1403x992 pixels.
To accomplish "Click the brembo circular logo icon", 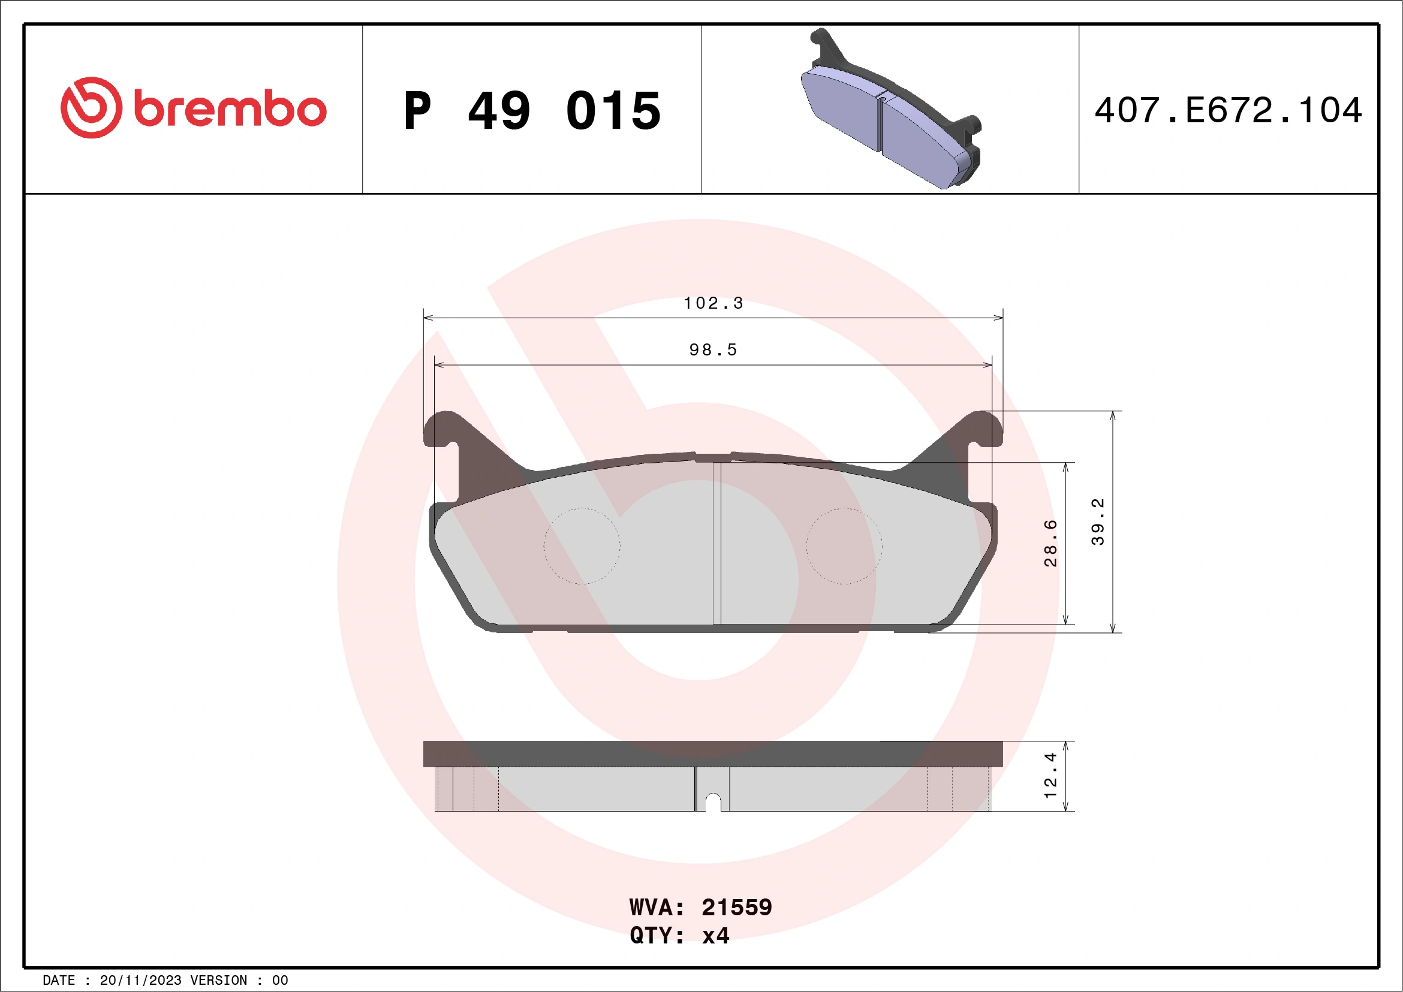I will (91, 107).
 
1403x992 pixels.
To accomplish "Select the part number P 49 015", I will (532, 111).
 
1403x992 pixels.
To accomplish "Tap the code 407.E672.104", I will (1229, 110).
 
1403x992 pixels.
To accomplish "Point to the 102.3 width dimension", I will (713, 303).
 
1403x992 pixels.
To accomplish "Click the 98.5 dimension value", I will (713, 350).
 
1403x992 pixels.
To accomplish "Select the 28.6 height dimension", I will (1050, 543).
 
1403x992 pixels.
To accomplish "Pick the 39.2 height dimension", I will (1097, 521).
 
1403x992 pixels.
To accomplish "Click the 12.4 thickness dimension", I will (1050, 775).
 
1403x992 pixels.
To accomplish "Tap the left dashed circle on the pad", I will (582, 546).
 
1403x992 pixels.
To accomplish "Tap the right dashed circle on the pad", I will (844, 546).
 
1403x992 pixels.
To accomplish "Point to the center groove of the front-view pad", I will (716, 544).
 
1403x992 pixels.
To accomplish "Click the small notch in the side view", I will (713, 801).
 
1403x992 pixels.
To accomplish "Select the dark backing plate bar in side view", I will (712, 754).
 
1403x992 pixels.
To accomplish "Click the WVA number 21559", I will (736, 907).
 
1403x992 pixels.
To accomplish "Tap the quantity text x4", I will (715, 935).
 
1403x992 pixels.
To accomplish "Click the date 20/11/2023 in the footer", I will (140, 981).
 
